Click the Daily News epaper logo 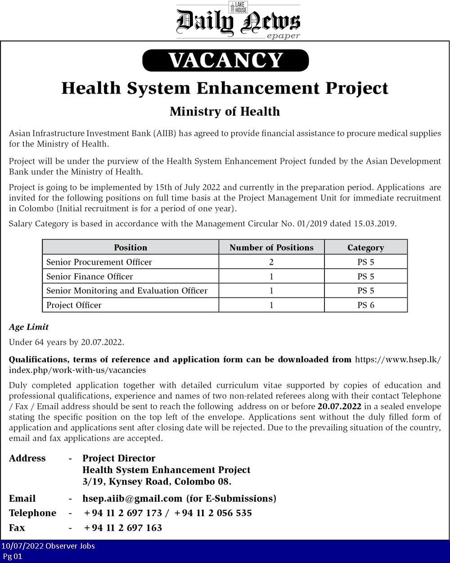point(238,21)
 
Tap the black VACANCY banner point(225,60)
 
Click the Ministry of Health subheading point(225,112)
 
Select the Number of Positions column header point(271,248)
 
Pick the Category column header point(365,248)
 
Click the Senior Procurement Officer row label point(99,262)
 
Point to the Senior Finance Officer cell point(90,276)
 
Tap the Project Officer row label point(74,305)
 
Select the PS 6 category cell point(365,305)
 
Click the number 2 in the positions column point(271,262)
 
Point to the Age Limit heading point(29,327)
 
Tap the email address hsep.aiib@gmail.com point(132,499)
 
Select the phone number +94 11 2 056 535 point(213,513)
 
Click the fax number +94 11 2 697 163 point(123,528)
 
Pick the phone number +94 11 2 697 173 point(123,513)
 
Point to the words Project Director point(119,459)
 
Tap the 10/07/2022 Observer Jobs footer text point(48,546)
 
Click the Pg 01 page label point(12,556)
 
